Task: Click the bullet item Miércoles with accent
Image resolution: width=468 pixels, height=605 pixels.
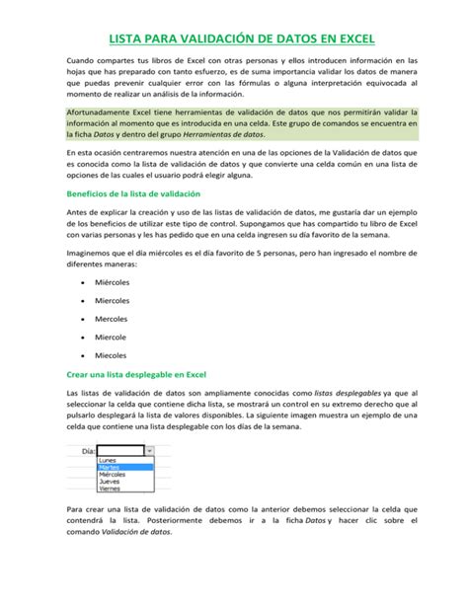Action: [x=112, y=281]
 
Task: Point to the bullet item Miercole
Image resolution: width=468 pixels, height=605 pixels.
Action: [x=109, y=336]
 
